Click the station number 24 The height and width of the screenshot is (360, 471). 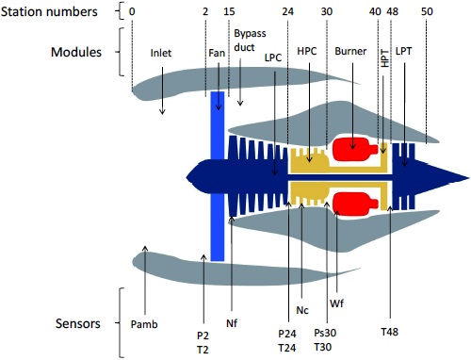(x=287, y=11)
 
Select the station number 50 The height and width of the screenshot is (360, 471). (x=427, y=11)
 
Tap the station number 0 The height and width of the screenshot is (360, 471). (x=132, y=11)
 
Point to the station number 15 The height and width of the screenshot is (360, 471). (x=229, y=11)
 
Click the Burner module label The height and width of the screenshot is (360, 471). (x=350, y=51)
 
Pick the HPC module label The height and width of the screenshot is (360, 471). (x=307, y=51)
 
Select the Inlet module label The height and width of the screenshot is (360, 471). (x=161, y=53)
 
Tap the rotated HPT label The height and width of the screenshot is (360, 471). (x=384, y=58)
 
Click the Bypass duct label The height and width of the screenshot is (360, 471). (x=250, y=41)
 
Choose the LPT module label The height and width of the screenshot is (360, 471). (x=403, y=51)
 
